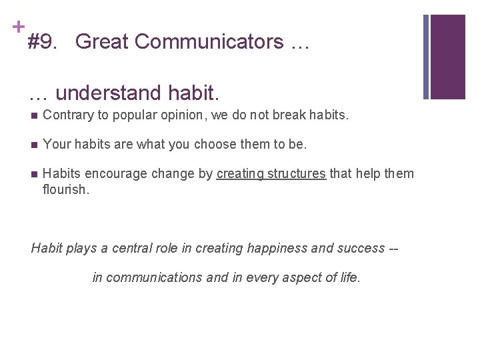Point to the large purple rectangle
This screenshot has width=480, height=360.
(x=447, y=57)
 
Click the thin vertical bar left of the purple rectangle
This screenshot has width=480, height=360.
(x=427, y=57)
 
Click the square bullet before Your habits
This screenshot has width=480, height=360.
(x=35, y=145)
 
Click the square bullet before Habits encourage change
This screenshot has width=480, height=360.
(x=35, y=174)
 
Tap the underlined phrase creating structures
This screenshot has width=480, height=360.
(x=271, y=174)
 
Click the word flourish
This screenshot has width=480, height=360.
(x=65, y=189)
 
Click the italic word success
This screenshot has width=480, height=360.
(x=358, y=249)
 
